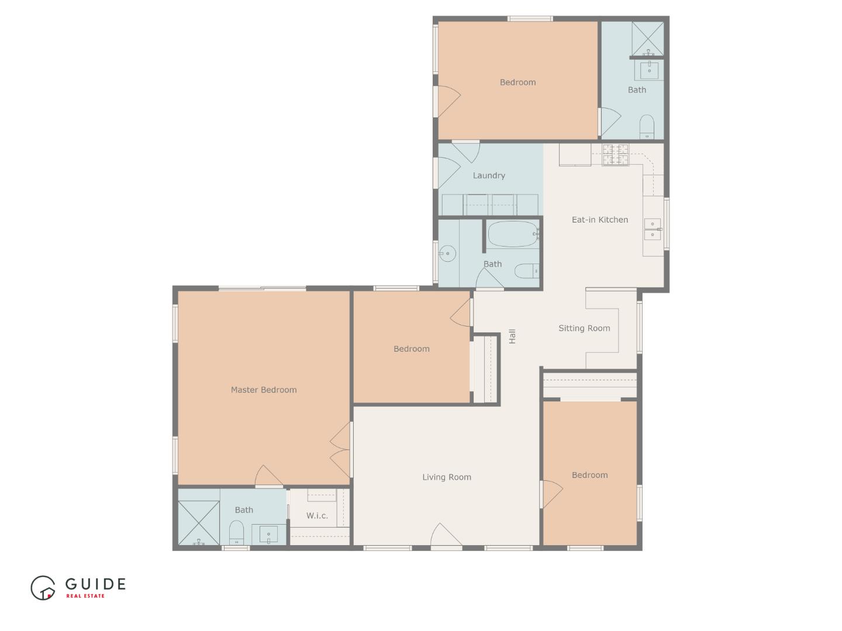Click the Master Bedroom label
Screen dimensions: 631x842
[x=263, y=390]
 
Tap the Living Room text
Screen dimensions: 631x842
[x=447, y=477]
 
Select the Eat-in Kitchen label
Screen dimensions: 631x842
[x=600, y=220]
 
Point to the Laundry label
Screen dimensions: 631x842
[x=489, y=175]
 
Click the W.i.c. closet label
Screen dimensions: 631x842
[x=317, y=516]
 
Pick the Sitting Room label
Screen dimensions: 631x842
[x=584, y=328]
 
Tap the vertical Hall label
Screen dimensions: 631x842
[x=512, y=336]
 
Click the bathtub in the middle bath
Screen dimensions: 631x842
[x=513, y=234]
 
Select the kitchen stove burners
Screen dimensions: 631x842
[x=616, y=154]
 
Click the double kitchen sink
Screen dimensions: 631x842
[x=653, y=229]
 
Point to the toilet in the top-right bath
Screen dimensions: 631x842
[x=647, y=126]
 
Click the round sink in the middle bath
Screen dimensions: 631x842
[x=447, y=253]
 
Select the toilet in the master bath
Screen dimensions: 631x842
[x=236, y=532]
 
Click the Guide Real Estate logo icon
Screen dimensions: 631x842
[x=43, y=588]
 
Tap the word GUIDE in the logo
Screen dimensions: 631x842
[x=95, y=584]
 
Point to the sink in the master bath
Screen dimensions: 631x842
[x=268, y=534]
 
